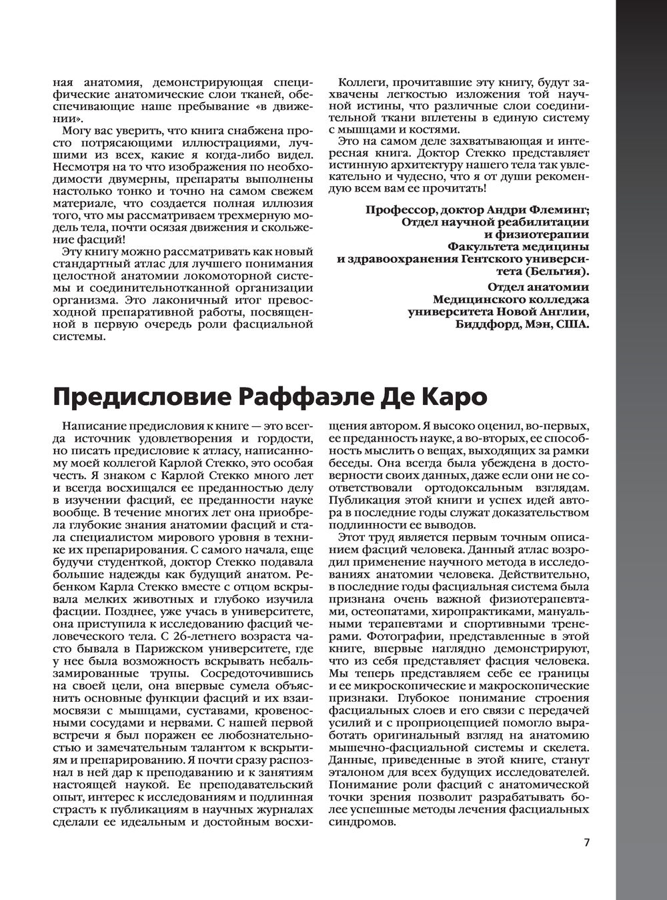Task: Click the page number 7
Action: pyautogui.click(x=587, y=843)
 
